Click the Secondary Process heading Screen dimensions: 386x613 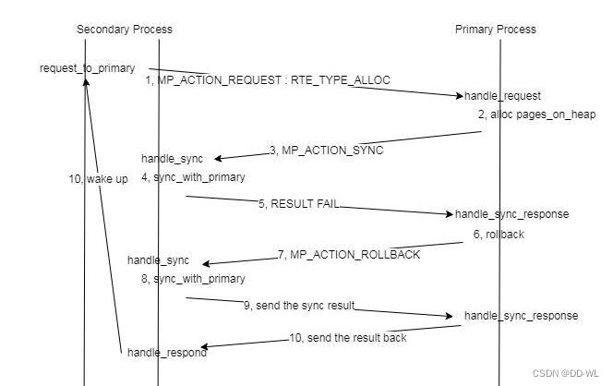[x=124, y=29]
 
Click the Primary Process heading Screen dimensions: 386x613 [x=495, y=29]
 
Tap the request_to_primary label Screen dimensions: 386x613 [x=87, y=68]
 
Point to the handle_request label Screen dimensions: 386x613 [x=502, y=96]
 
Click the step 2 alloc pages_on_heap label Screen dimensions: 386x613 [x=536, y=115]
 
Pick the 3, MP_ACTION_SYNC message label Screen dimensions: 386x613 [x=326, y=150]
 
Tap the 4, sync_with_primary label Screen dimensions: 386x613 [x=193, y=176]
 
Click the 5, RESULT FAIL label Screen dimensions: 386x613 [x=298, y=203]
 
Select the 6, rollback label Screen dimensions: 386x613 [x=499, y=235]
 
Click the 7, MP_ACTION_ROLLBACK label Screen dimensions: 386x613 [x=348, y=254]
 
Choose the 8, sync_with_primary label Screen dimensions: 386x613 [x=193, y=278]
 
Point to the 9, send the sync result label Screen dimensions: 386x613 [x=299, y=305]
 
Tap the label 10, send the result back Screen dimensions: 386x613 [x=347, y=338]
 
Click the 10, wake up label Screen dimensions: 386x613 [x=98, y=179]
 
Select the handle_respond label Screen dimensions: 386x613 [x=167, y=352]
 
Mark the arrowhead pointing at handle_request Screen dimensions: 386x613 [x=458, y=95]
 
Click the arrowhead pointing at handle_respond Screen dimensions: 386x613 [x=204, y=347]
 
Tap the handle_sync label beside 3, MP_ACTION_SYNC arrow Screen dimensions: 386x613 [x=172, y=159]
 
